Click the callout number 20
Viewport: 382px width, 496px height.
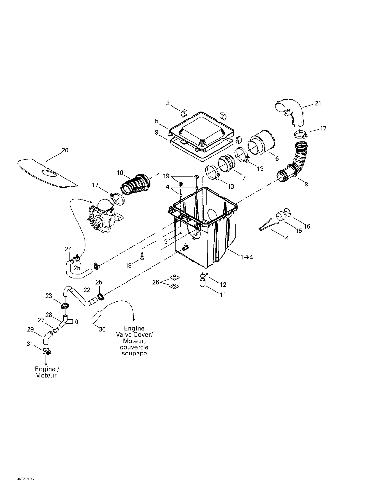65,150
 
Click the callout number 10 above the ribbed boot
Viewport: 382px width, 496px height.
120,173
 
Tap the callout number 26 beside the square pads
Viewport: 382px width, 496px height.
156,282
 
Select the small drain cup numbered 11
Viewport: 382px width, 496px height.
202,283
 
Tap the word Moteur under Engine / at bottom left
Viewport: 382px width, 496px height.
46,375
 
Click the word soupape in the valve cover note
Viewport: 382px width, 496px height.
134,354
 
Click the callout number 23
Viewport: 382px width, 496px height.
49,296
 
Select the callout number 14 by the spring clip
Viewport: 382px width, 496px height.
285,238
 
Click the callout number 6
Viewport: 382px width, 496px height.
277,158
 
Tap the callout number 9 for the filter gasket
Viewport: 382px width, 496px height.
156,132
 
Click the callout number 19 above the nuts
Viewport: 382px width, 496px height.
166,176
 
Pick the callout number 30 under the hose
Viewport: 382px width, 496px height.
102,330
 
